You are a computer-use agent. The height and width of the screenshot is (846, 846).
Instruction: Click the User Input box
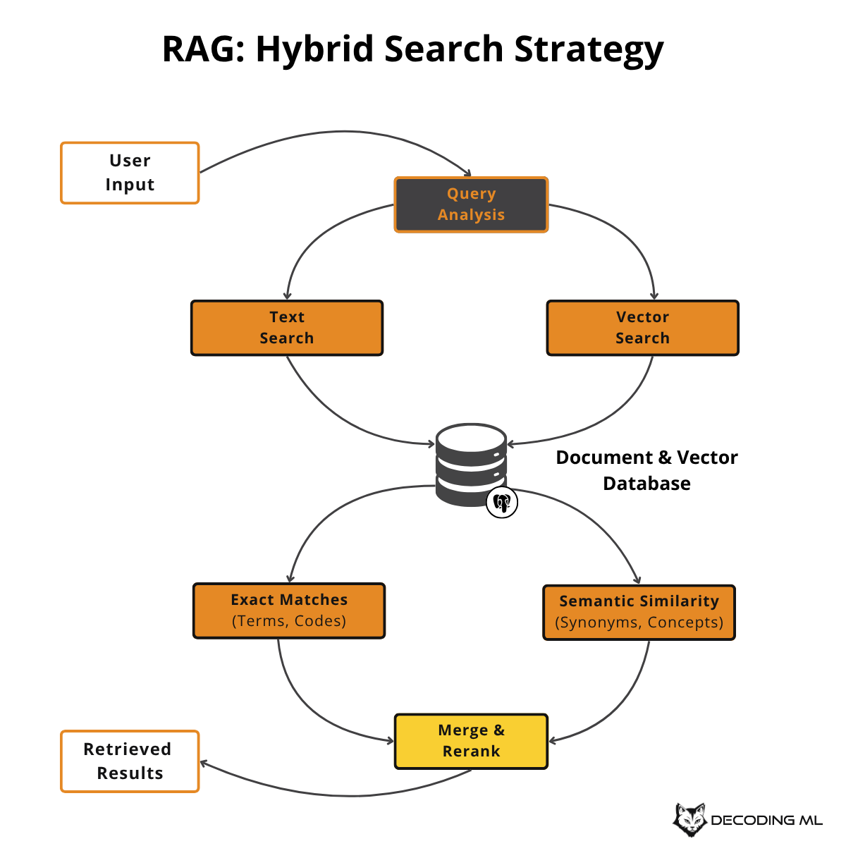130,173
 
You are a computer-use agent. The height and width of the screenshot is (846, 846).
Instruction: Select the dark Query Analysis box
471,204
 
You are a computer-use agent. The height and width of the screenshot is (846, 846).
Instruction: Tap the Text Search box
287,328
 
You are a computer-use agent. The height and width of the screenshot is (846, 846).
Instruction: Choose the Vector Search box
642,328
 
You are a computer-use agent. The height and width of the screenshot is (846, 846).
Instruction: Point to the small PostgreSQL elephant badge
502,503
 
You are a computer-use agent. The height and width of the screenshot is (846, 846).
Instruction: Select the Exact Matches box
289,611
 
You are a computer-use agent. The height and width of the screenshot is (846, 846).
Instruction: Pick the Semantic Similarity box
639,612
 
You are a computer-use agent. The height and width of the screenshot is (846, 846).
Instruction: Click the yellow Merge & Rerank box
471,741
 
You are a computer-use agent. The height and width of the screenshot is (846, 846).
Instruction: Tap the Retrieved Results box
130,761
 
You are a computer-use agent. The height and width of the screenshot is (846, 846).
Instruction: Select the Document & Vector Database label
646,470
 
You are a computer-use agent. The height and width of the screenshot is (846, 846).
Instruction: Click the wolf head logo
689,819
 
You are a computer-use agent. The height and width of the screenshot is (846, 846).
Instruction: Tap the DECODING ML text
766,821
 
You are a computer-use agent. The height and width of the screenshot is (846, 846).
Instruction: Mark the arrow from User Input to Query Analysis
338,132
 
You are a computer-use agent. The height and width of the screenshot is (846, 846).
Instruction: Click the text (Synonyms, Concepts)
639,623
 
